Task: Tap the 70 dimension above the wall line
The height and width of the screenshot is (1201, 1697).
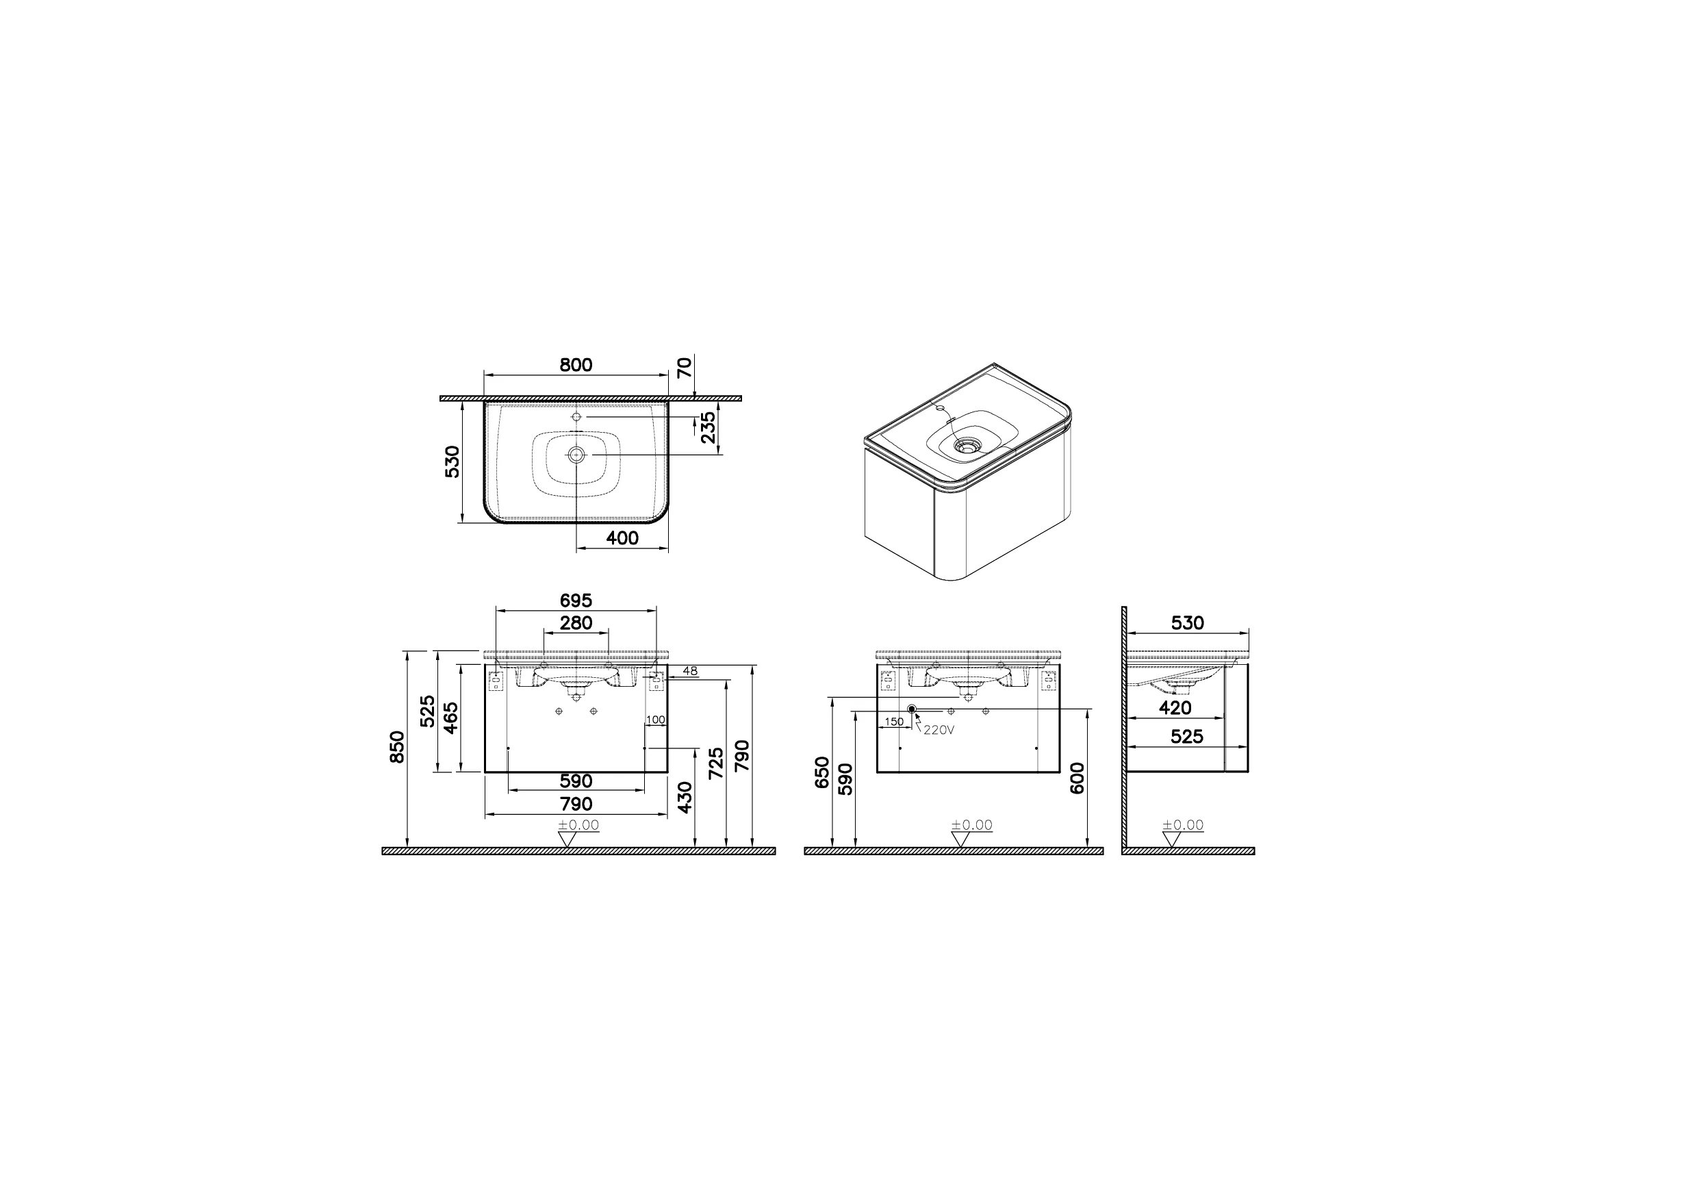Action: pos(685,368)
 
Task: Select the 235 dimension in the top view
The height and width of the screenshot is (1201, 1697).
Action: pos(708,427)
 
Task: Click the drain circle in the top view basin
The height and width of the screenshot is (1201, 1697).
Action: pos(576,455)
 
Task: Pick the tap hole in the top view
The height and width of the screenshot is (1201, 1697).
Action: pos(576,417)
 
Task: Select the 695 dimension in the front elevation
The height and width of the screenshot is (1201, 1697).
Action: pos(575,600)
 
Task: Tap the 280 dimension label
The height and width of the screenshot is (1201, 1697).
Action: pos(575,623)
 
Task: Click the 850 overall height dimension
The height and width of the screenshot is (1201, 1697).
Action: pos(398,747)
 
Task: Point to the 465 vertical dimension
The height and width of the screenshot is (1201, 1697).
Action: pos(451,718)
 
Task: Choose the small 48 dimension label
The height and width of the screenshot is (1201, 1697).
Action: pos(689,671)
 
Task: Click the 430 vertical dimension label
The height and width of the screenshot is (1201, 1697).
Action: pos(685,797)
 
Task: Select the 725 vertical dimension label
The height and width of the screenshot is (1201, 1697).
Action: pos(715,763)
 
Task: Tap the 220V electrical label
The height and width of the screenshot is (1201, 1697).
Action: pos(939,730)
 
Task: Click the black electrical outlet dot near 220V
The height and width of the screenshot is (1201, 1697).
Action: pos(912,709)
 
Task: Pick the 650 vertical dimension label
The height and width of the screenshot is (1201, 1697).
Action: pos(822,772)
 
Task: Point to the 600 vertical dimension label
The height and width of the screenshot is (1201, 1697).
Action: pos(1077,778)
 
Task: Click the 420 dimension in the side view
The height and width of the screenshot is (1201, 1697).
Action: pos(1175,708)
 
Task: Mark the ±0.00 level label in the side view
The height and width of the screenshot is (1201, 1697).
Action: pos(1183,824)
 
